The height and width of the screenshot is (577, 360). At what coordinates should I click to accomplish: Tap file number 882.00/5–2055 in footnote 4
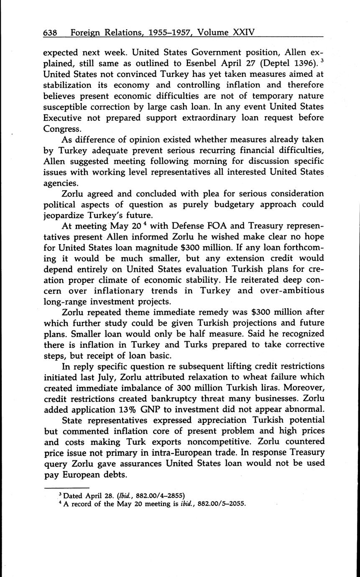pos(220,503)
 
